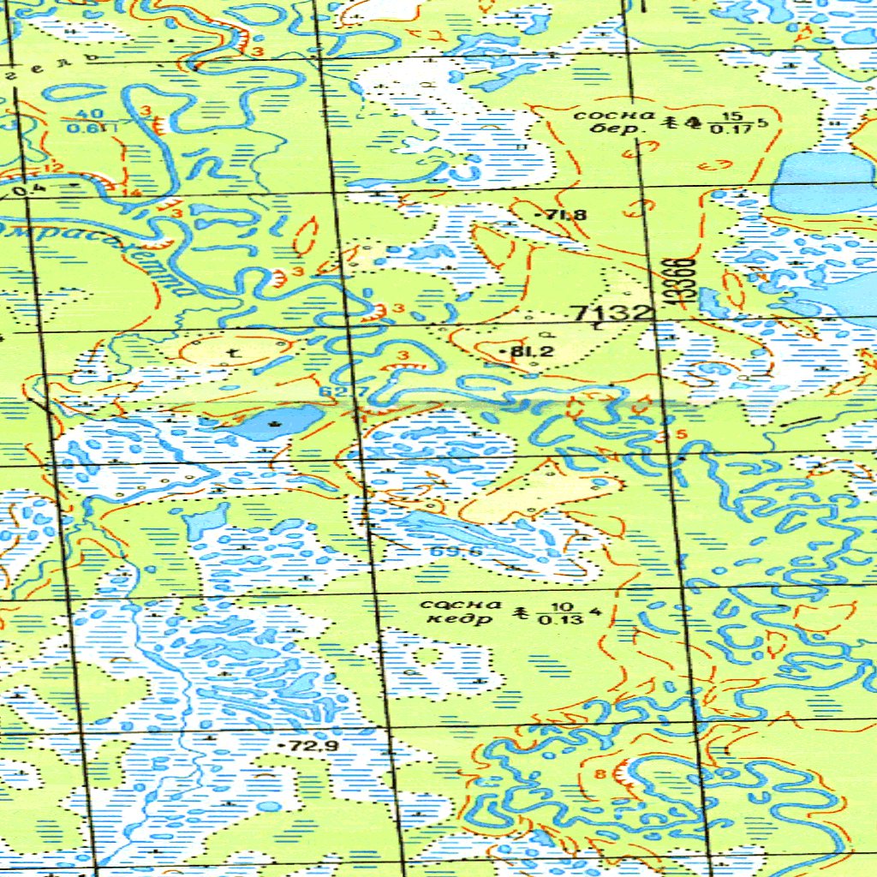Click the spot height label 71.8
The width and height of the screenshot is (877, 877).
click(564, 215)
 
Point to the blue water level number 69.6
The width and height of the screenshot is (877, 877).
click(456, 551)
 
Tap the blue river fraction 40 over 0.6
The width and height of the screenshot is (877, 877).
click(87, 122)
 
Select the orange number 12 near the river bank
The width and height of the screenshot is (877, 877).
click(56, 166)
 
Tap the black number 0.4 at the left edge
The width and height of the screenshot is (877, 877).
click(27, 189)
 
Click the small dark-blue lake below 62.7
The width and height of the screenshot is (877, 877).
click(277, 422)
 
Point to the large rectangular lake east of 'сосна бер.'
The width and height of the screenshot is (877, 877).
click(824, 182)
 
